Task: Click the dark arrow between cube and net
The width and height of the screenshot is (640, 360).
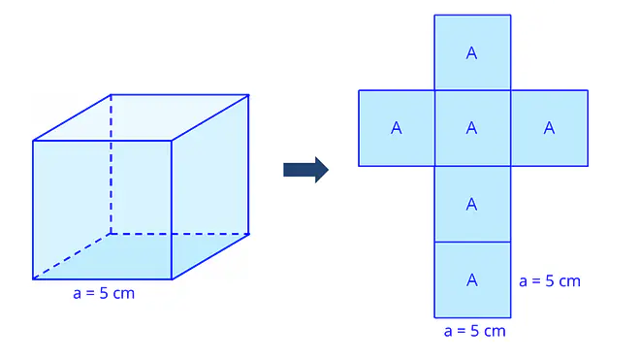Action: point(305,170)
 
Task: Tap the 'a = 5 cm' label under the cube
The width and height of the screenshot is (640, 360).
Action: point(104,293)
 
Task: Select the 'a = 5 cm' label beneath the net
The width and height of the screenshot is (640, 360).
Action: point(475,331)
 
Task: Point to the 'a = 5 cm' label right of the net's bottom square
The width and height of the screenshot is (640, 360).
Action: point(550,281)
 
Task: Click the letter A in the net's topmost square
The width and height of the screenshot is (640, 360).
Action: point(472,53)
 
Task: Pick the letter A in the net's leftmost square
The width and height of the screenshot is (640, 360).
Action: point(397,128)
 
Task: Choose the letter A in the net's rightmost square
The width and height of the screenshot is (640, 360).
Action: point(550,128)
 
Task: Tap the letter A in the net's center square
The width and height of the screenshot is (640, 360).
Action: point(472,128)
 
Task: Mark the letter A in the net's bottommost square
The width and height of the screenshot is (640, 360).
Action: point(472,279)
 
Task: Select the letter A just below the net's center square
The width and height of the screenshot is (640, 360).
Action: point(472,204)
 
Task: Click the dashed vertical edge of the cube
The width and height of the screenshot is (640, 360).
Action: point(111,164)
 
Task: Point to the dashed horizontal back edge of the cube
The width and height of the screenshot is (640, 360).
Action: point(179,234)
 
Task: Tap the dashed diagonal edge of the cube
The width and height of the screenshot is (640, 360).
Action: point(72,256)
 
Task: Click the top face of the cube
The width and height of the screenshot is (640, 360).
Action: point(141,117)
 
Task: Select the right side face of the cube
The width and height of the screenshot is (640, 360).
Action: point(210,187)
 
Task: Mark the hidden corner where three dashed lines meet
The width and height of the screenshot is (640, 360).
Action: point(111,234)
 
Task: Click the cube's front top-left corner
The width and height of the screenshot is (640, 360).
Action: point(33,141)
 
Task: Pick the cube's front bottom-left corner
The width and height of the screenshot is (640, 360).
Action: point(33,279)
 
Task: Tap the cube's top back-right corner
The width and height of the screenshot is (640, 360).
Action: point(248,95)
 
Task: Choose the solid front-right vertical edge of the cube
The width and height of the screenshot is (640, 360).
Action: point(172,210)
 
